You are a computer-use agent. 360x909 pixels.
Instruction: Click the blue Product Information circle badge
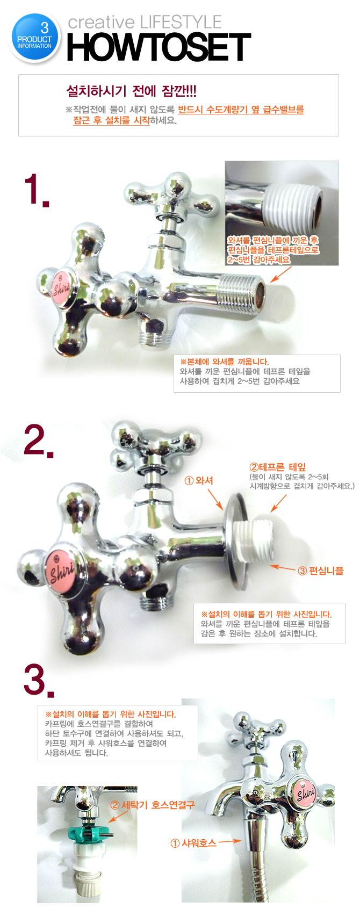coord(34,38)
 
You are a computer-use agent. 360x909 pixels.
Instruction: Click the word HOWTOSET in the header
coord(159,47)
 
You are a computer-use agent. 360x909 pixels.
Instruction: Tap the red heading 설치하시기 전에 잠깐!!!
coord(132,91)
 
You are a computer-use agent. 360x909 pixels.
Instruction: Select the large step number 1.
coord(37,190)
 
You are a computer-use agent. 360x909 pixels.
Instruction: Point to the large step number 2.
coord(38,441)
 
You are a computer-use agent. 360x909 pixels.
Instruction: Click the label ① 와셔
coord(199,480)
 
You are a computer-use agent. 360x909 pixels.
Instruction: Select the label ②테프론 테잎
coord(278,467)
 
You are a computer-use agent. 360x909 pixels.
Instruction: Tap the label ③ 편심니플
coord(321,571)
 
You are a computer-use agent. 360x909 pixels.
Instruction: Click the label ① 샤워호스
coord(193,843)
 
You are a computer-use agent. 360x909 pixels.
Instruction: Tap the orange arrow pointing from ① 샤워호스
coord(230,842)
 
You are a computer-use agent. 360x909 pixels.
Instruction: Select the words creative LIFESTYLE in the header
coord(145,22)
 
